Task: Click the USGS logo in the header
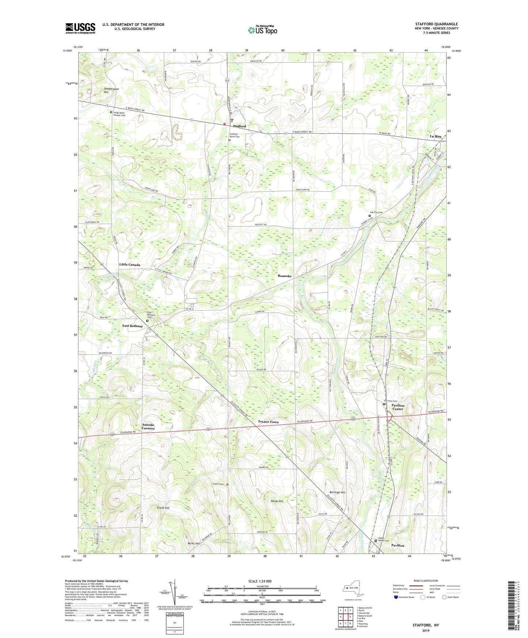coord(80,28)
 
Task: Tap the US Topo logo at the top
coord(262,30)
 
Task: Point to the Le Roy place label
coord(436,136)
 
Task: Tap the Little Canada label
coord(130,265)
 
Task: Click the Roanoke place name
coord(285,276)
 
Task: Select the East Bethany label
coord(133,326)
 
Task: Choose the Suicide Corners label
coord(148,426)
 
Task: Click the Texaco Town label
coord(268,422)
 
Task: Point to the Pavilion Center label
coord(398,407)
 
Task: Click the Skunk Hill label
coord(277,501)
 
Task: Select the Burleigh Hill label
coord(337,492)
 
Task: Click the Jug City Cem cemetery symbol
coord(369,216)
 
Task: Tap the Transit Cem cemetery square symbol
coord(227,485)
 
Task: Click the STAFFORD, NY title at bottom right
coord(426,625)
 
